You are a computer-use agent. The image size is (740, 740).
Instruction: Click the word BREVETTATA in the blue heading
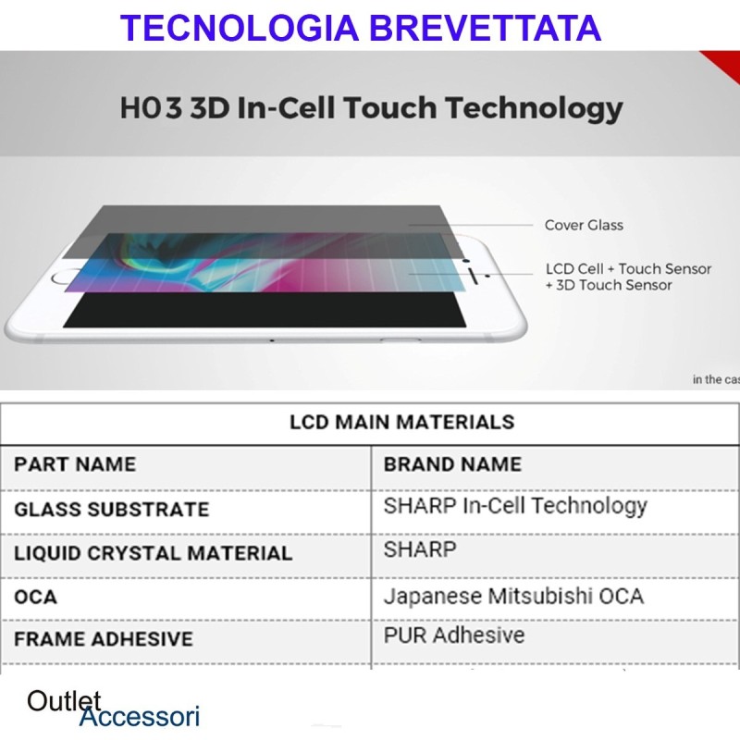(486, 28)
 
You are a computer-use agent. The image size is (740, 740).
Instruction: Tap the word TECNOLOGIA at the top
(240, 28)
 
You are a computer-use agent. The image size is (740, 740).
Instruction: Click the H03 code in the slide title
(151, 107)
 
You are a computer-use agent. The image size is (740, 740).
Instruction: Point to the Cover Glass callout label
(584, 225)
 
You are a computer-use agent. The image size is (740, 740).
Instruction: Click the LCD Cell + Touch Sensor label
(628, 268)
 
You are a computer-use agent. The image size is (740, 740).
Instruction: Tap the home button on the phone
(63, 277)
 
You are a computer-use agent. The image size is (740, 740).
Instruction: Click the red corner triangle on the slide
(724, 64)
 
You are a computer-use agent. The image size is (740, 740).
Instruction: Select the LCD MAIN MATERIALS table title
(401, 423)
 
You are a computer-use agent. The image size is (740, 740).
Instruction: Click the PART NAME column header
(75, 464)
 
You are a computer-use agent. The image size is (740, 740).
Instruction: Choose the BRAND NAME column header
(452, 464)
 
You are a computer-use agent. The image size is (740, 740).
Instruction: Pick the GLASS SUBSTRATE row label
(111, 510)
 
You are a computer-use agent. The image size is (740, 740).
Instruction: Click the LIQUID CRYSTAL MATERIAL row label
(153, 553)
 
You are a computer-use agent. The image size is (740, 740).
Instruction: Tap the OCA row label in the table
(35, 597)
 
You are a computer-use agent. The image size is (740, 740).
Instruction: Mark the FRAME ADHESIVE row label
(104, 639)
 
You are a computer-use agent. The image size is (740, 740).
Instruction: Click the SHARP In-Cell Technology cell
(515, 506)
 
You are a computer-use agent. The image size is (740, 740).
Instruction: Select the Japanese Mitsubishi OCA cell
(513, 596)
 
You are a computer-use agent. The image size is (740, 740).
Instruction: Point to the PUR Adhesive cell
(454, 635)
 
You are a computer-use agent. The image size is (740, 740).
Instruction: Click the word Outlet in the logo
(64, 701)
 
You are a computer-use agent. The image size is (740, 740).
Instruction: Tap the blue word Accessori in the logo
(140, 716)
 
